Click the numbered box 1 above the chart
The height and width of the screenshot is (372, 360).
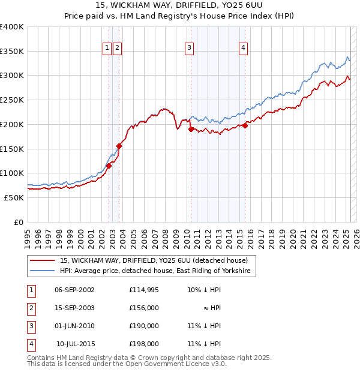107,49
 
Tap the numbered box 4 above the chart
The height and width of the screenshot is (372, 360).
243,49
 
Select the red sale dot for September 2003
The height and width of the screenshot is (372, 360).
119,145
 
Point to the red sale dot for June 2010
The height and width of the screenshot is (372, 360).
191,129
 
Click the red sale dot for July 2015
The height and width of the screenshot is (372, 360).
245,125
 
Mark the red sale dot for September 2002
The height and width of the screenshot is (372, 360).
109,166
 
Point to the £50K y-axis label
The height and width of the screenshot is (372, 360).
13,197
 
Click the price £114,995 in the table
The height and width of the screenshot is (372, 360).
143,290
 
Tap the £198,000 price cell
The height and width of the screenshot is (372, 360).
143,344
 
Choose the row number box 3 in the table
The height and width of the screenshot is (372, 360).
31,326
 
